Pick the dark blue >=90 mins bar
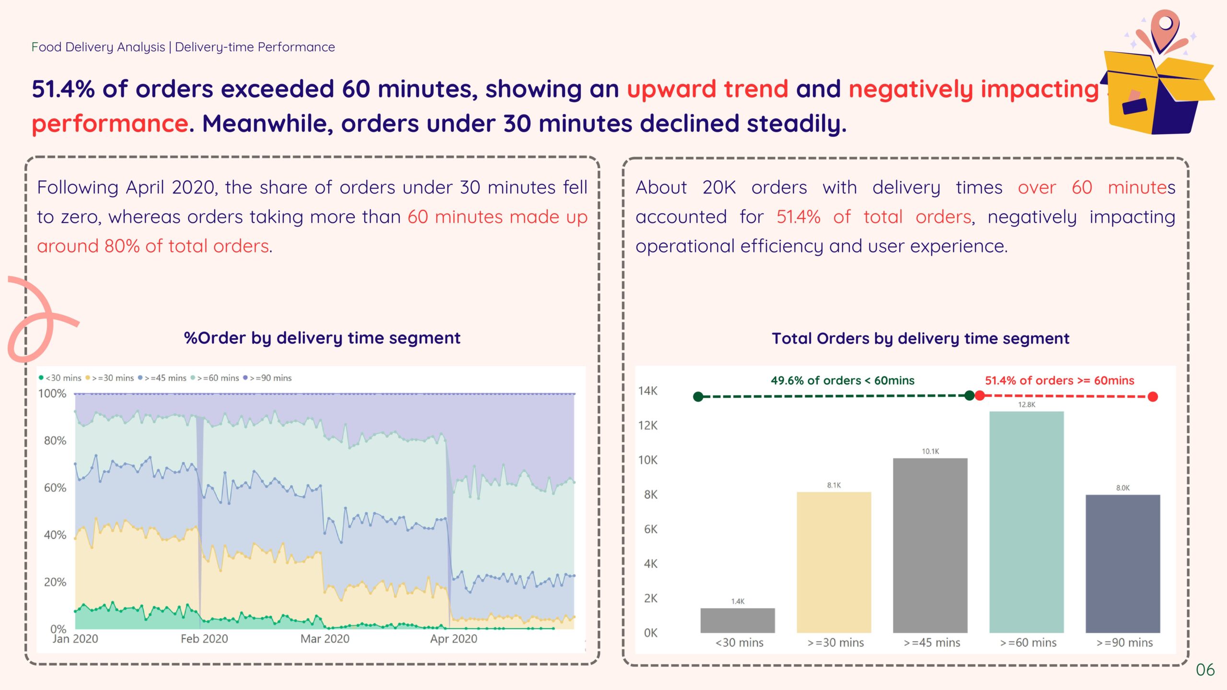tap(1123, 563)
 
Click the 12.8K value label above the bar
tap(1026, 405)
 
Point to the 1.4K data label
tap(738, 601)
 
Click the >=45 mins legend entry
tap(162, 378)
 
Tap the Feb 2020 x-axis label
tap(204, 639)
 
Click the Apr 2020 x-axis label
tap(453, 639)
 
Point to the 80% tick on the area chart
tap(55, 440)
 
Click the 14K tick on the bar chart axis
tap(648, 391)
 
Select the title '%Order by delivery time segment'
tap(322, 338)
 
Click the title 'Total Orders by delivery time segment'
tap(920, 338)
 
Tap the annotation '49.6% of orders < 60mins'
tap(842, 380)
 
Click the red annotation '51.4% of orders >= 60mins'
tap(1059, 380)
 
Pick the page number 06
tap(1205, 669)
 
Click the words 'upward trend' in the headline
tap(707, 89)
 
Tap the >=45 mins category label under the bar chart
tap(932, 643)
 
